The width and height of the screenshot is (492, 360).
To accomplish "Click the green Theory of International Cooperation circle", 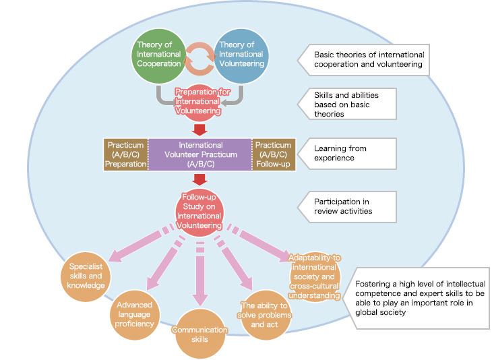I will pos(159,55).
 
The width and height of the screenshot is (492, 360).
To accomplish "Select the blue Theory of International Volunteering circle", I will pos(240,55).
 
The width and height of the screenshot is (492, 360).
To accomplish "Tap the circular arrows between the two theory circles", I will pos(199,59).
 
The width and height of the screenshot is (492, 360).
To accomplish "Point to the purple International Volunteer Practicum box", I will pos(200,154).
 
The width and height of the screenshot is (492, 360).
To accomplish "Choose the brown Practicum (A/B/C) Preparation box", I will pos(125,154).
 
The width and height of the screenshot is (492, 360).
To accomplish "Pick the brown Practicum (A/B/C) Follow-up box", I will pos(273,154).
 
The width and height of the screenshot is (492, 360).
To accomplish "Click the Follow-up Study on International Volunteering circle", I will pos(199,211).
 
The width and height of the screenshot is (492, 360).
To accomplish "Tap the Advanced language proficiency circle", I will pos(134,313).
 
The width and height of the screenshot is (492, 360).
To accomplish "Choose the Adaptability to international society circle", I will pos(314,277).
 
